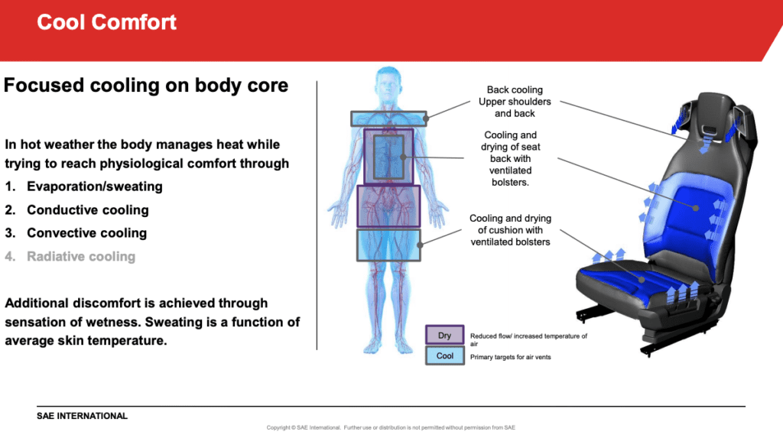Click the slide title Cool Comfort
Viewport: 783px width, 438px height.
[x=106, y=22]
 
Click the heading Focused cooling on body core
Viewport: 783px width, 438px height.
[x=146, y=85]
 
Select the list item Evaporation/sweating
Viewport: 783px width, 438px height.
[x=95, y=187]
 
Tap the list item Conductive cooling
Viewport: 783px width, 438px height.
[x=87, y=209]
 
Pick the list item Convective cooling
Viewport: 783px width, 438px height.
[x=86, y=232]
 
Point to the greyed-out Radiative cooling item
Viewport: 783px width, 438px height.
[x=81, y=256]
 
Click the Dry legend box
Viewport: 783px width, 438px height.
[x=445, y=335]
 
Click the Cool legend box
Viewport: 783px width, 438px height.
[x=445, y=355]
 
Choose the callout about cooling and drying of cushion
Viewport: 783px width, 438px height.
[x=510, y=230]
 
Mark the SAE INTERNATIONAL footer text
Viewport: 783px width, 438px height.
[x=82, y=416]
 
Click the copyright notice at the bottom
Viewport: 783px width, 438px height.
[x=391, y=427]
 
